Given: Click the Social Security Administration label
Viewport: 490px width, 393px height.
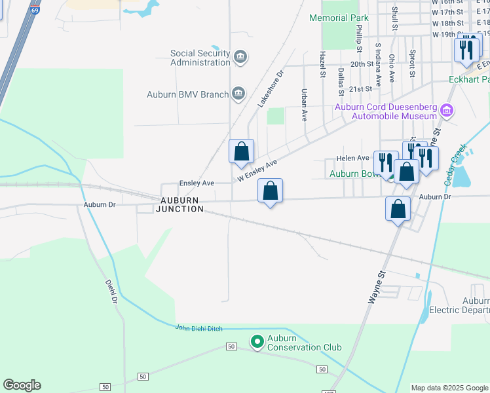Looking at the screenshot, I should tap(200, 58).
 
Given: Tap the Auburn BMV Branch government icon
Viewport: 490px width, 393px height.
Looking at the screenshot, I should tap(238, 94).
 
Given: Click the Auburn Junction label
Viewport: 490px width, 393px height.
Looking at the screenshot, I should tap(179, 204).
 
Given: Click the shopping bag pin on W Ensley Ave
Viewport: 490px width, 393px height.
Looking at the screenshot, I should tap(242, 151).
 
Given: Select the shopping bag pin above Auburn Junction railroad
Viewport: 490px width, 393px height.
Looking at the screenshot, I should tap(270, 192).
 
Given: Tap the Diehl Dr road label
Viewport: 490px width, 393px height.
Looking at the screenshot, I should tap(111, 291).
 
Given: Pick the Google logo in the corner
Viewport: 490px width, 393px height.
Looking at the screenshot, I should tap(22, 385).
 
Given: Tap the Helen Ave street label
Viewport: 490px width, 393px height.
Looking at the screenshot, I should tap(353, 158).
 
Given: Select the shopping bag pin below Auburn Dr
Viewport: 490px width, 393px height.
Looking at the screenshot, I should tap(398, 210).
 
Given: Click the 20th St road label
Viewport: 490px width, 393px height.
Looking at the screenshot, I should tap(362, 64).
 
